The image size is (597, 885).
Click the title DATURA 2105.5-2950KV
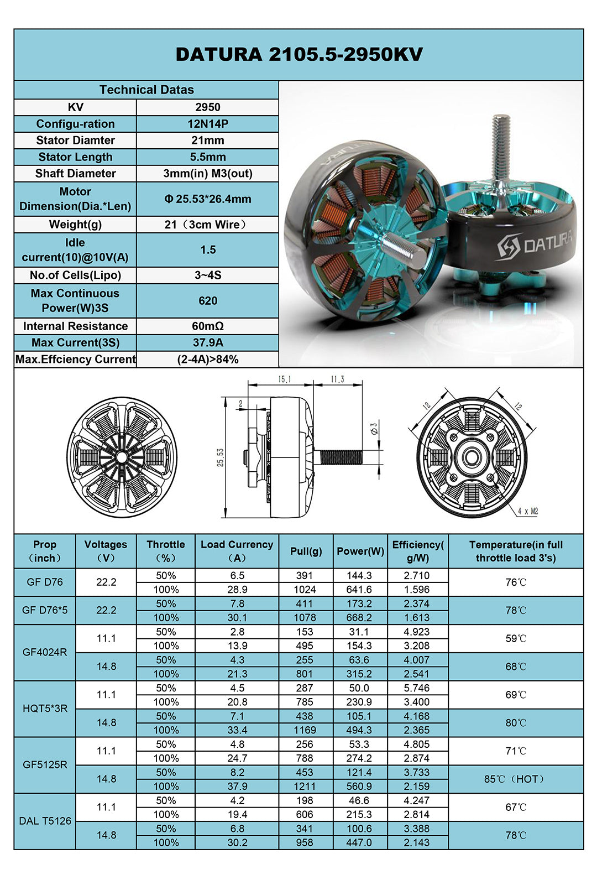tap(299, 54)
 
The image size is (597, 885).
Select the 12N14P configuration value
tap(207, 124)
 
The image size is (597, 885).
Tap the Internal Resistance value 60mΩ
tap(207, 326)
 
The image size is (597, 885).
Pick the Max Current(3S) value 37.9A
tap(207, 343)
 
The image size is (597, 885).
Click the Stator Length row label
tap(75, 157)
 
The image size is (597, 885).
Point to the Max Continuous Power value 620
tap(207, 301)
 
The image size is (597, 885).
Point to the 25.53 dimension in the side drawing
tap(221, 457)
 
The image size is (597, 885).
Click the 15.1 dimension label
tap(284, 379)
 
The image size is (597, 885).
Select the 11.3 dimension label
tap(337, 379)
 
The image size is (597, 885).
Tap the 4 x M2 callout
tap(527, 512)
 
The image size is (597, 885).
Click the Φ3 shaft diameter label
tap(374, 428)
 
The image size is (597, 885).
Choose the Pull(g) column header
tap(306, 551)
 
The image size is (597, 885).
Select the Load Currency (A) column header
tap(237, 551)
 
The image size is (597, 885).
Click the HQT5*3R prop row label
tap(45, 709)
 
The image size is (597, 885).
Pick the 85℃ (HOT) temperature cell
tap(515, 779)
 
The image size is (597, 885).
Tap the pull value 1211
tap(305, 787)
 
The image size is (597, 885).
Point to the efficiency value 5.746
tap(416, 688)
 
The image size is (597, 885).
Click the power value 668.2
tap(359, 618)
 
